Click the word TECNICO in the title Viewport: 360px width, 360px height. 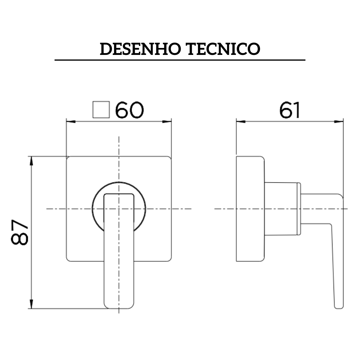click(223, 49)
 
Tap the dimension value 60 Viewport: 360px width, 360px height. click(130, 111)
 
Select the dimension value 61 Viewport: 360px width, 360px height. click(289, 111)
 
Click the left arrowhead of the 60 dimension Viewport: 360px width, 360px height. click(70, 121)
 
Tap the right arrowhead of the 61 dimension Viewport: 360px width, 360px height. click(339, 121)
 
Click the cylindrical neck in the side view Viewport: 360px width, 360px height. click(282, 208)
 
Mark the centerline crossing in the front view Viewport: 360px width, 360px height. click(119, 208)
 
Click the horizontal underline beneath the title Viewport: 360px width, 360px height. click(180, 60)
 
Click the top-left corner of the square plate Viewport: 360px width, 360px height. click(67, 158)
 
